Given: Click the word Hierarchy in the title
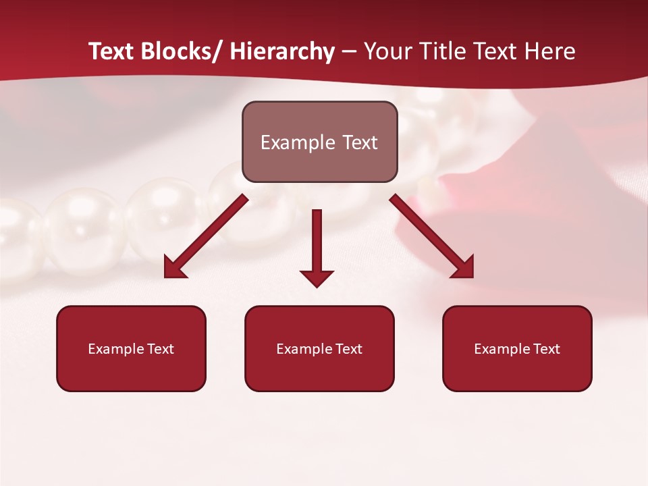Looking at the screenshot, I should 281,51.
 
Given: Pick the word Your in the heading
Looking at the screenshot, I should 387,51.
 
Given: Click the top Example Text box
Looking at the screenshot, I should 319,142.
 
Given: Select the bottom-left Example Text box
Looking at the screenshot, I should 131,348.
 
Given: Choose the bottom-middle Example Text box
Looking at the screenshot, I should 319,348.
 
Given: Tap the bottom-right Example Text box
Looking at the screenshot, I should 517,348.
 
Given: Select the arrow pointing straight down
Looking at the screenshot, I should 317,247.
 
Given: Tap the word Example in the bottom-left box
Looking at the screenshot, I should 115,349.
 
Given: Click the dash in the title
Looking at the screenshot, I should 349,51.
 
